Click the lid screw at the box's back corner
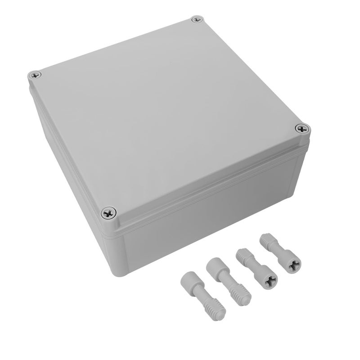point(195,20)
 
